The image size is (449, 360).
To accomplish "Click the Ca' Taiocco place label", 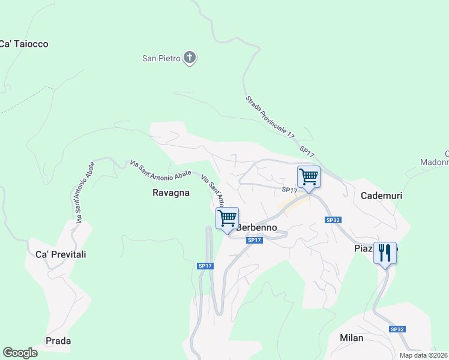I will (23, 44).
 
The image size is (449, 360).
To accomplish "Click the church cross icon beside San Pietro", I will (190, 58).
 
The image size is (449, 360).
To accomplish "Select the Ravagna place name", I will (171, 193).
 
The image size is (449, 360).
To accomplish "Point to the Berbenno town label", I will (258, 227).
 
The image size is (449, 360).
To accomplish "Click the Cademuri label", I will (381, 196).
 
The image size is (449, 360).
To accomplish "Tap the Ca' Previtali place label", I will (61, 254).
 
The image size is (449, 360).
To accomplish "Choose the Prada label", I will (58, 341).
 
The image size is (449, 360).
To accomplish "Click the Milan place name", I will (351, 338).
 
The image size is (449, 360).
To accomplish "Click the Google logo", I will (20, 353).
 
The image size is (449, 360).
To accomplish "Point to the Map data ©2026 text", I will (424, 355).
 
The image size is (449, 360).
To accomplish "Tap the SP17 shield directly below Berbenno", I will (255, 240).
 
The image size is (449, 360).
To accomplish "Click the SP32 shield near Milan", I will (397, 329).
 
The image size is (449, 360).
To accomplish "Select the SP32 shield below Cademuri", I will (333, 220).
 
